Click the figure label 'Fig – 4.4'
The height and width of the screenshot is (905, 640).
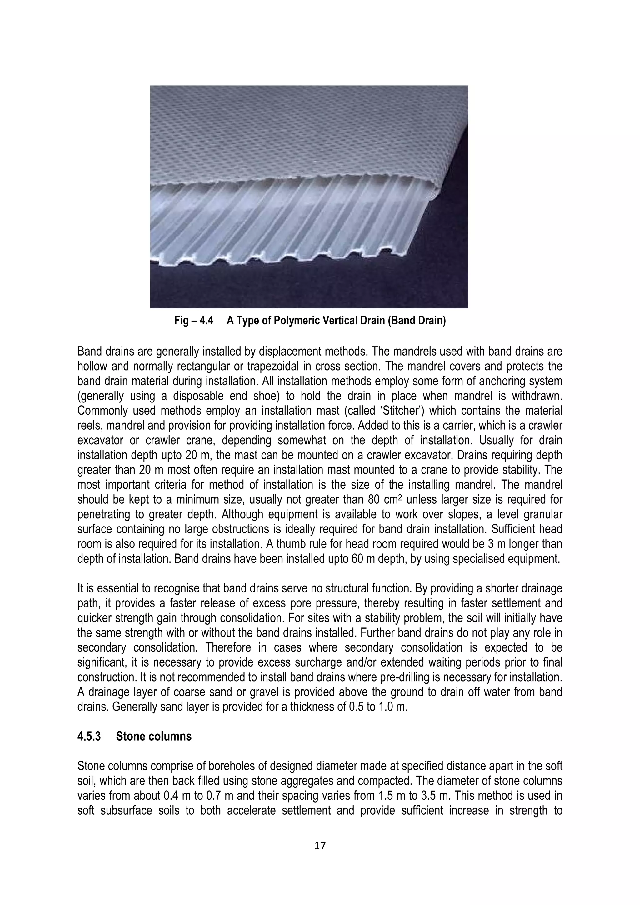pos(193,321)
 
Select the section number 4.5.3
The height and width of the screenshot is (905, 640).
pos(89,736)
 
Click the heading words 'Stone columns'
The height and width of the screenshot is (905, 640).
pos(154,736)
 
